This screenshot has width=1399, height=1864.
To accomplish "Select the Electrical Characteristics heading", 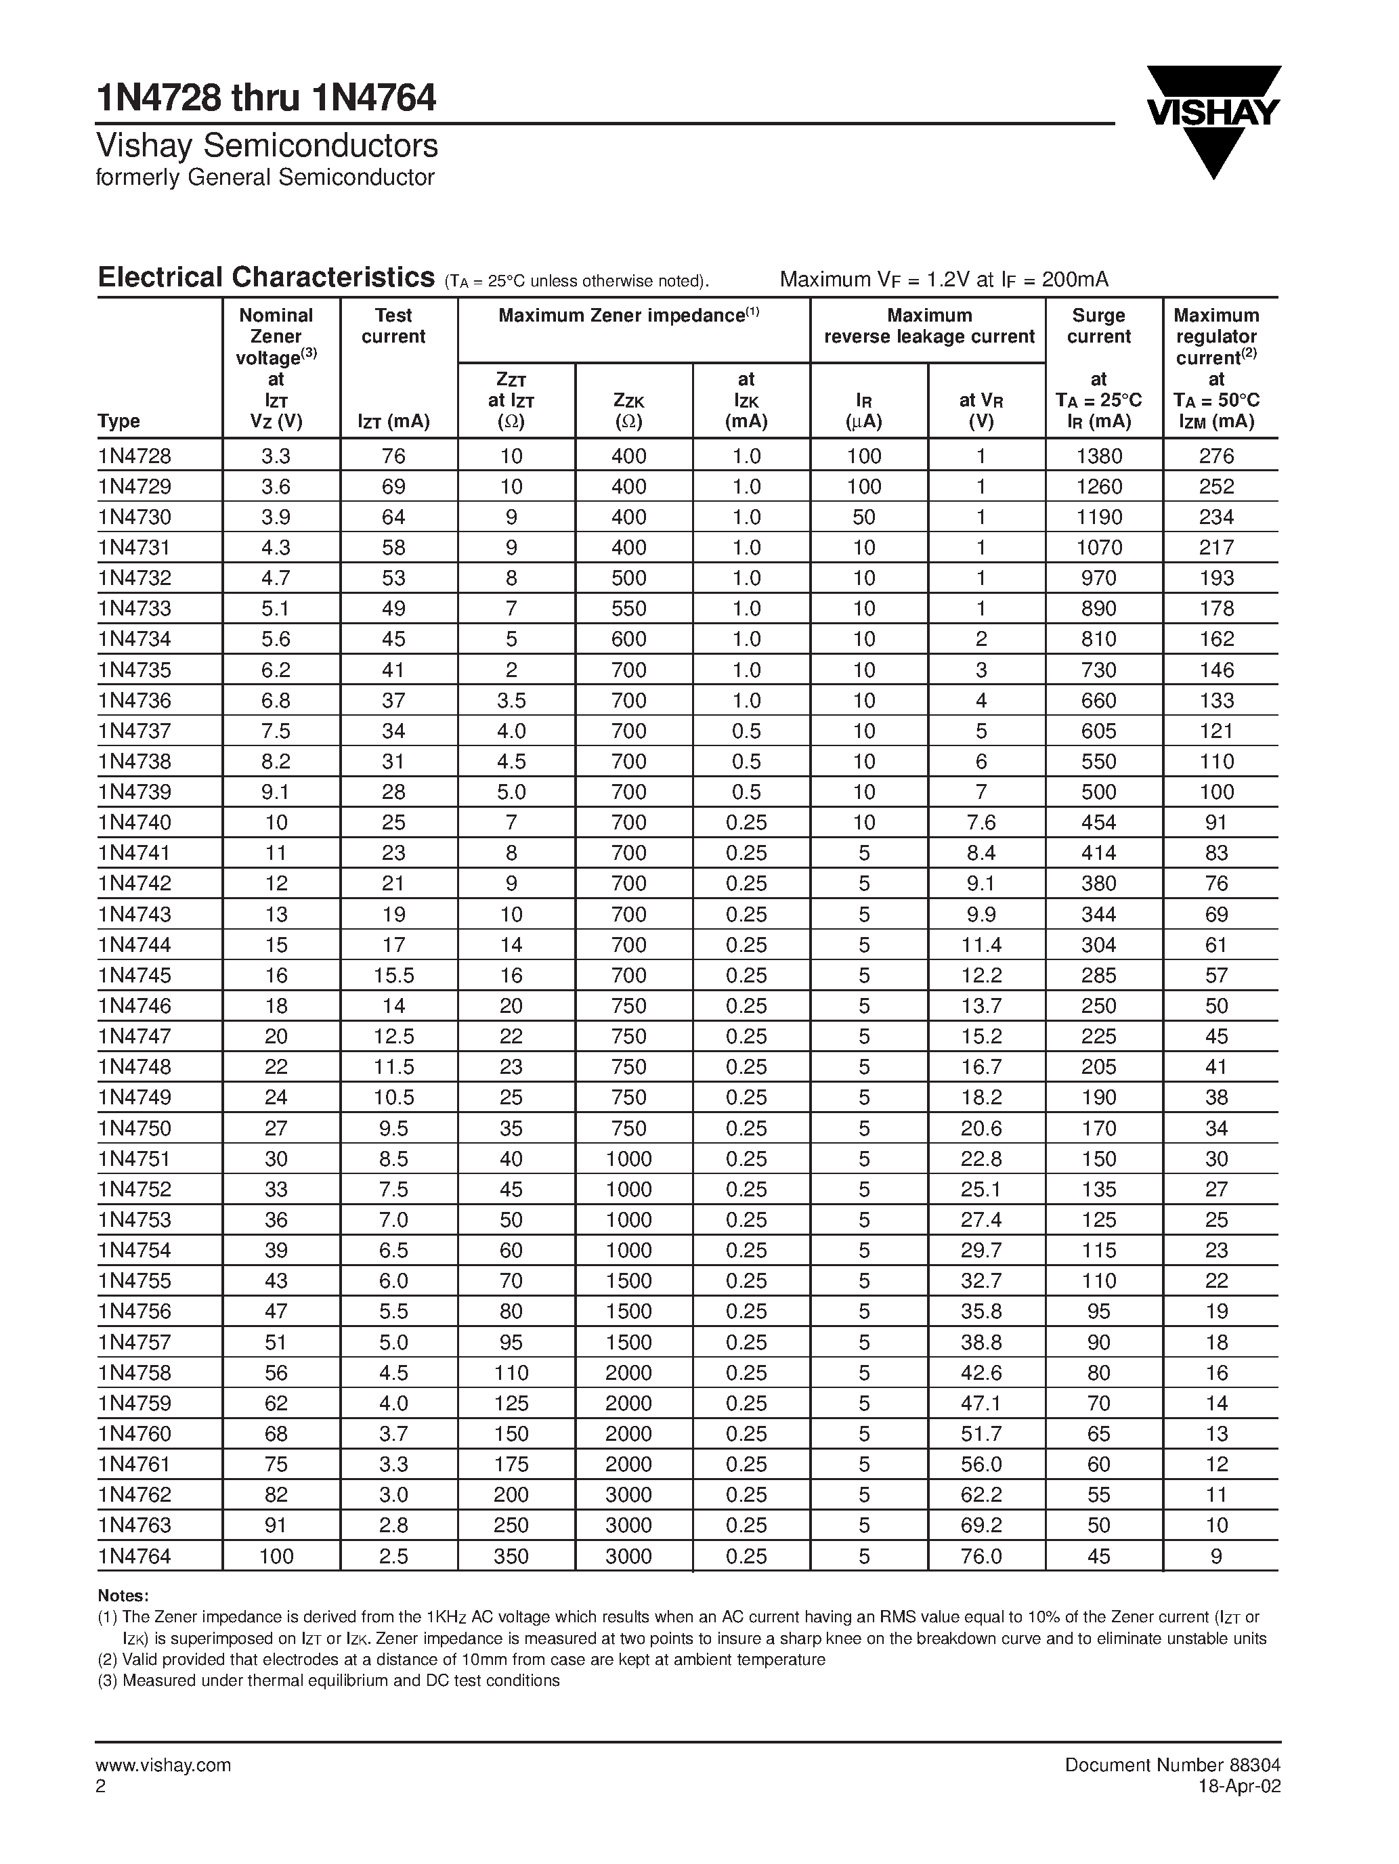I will (x=266, y=277).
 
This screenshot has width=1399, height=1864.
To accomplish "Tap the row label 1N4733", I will (x=135, y=609).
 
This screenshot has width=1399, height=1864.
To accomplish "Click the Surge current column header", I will (x=1098, y=326).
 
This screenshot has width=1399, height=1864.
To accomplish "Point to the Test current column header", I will (x=393, y=326).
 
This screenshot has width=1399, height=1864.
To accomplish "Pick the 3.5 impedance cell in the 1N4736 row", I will (x=511, y=700).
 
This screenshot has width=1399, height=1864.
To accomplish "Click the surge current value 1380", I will (x=1099, y=456).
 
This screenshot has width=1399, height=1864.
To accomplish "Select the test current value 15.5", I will (x=393, y=975).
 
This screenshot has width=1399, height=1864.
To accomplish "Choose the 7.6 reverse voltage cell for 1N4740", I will (x=981, y=823).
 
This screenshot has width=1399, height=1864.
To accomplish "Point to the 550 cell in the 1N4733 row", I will (x=628, y=609).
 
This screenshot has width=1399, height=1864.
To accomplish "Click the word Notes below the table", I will (x=123, y=1595).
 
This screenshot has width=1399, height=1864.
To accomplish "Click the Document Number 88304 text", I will (x=1172, y=1764).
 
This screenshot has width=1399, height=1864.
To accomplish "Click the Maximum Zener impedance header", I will (x=628, y=316).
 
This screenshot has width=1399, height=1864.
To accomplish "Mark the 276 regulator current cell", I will (x=1216, y=456).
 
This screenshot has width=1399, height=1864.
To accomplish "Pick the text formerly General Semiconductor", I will (x=265, y=178).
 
